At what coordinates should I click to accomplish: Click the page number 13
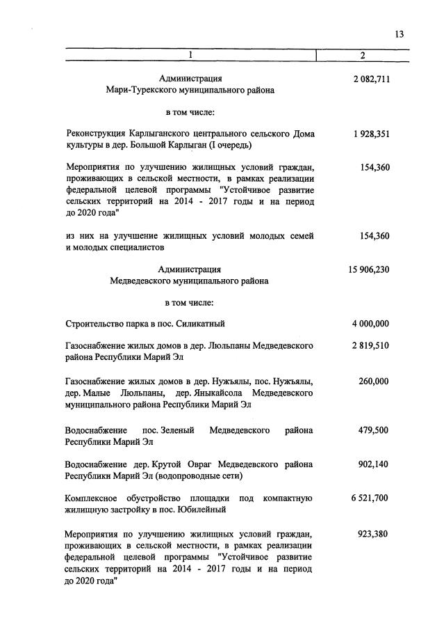coord(398,35)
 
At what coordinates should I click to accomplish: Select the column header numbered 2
coord(362,55)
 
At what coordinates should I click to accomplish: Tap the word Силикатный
coord(202,324)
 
